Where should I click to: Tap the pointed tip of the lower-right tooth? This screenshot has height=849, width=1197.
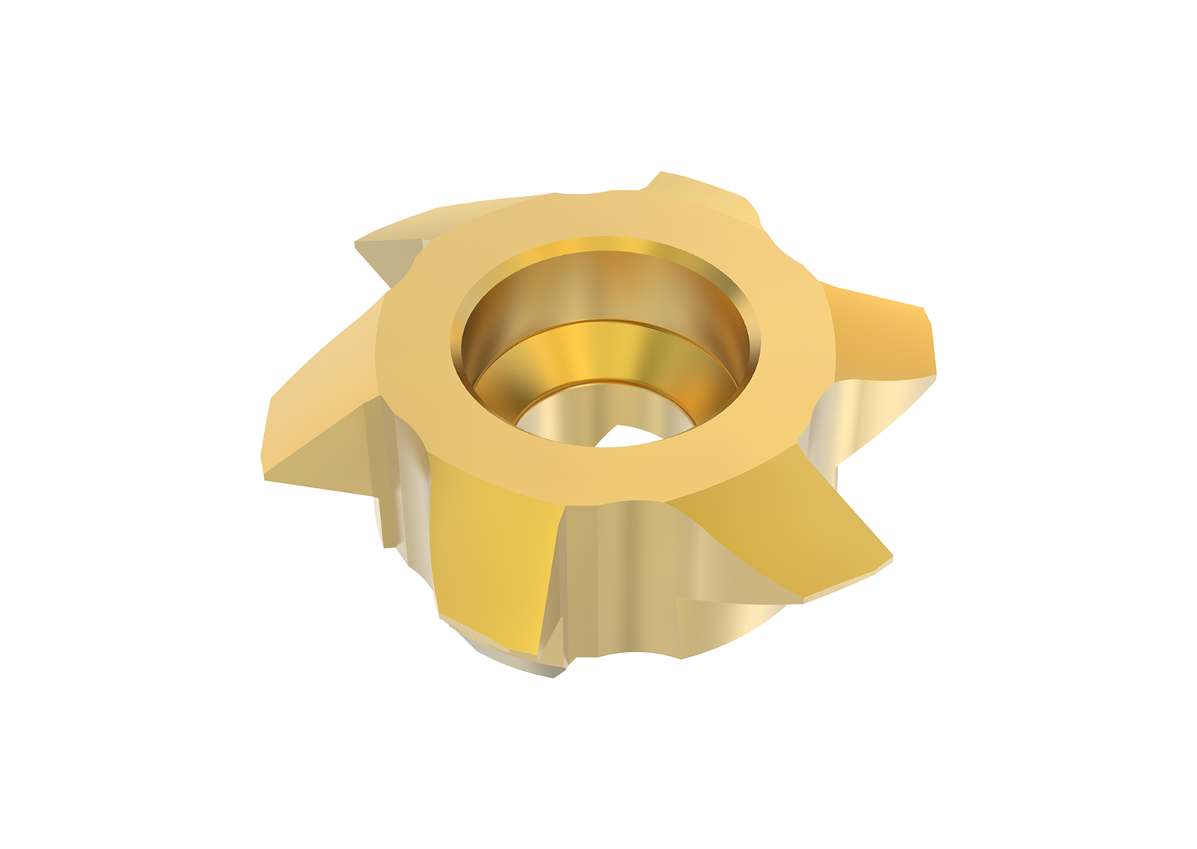pyautogui.click(x=890, y=557)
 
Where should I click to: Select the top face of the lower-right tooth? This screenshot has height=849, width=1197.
pyautogui.click(x=778, y=509)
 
